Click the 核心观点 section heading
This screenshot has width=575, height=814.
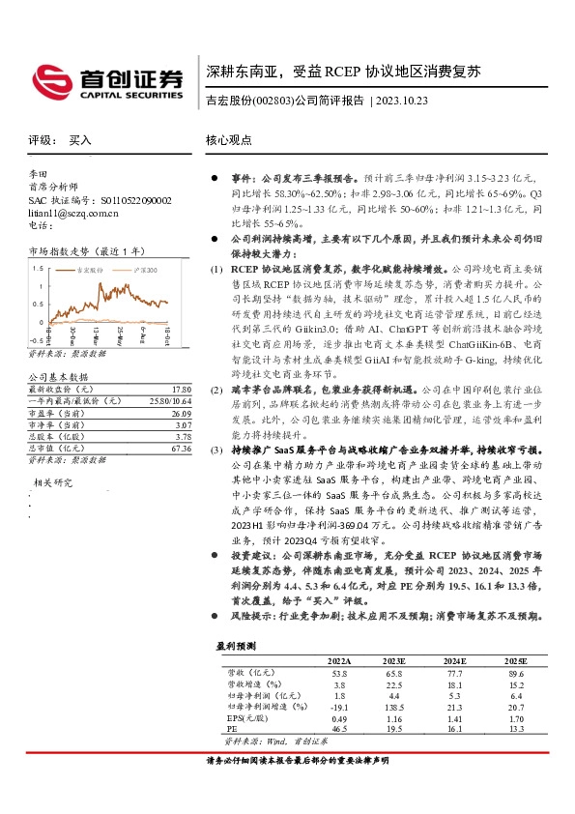(230, 140)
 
